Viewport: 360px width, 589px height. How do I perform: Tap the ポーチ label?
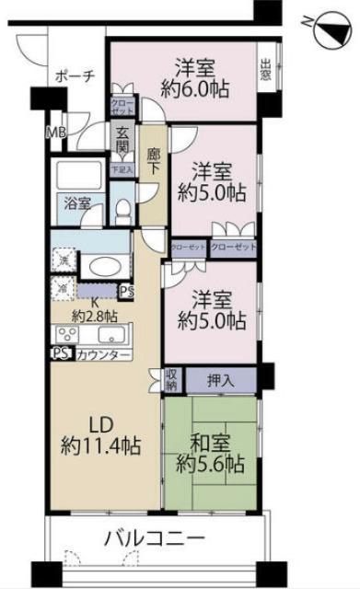coord(75,76)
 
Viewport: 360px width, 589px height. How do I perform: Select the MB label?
coord(56,133)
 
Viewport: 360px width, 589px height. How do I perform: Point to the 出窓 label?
coord(265,70)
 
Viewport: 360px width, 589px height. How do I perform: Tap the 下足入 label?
coord(122,168)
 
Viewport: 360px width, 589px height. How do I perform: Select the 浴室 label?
coord(76,203)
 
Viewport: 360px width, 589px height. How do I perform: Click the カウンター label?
coord(97,354)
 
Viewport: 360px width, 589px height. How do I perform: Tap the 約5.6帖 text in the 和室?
coord(211,462)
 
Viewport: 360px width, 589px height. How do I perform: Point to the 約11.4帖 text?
coord(101,446)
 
